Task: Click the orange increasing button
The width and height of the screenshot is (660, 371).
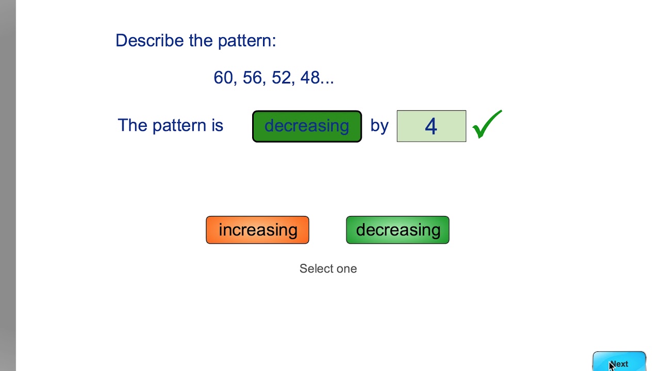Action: [257, 230]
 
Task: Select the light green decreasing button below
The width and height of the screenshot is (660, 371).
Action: [398, 230]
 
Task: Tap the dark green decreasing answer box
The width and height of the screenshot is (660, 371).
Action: [307, 126]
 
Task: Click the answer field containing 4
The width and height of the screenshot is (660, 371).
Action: [431, 126]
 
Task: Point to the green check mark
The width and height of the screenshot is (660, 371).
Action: [486, 125]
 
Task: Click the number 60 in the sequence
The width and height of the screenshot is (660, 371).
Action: [223, 78]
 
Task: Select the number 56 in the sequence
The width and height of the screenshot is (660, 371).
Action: [252, 78]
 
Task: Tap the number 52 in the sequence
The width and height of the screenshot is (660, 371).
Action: [282, 78]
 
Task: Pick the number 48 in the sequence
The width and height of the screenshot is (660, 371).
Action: [310, 78]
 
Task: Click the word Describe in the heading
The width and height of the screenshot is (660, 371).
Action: [150, 40]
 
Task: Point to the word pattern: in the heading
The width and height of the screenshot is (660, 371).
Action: [247, 41]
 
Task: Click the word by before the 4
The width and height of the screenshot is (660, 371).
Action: [379, 126]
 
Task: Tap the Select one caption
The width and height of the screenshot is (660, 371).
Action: [328, 268]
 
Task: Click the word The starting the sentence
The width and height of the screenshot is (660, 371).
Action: [132, 125]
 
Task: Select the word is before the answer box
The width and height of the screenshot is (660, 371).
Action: [217, 125]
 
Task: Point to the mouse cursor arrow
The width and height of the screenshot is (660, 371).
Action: [612, 365]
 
